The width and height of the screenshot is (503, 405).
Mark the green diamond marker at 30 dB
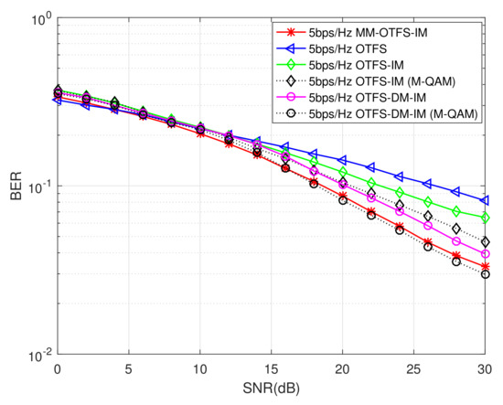(485, 218)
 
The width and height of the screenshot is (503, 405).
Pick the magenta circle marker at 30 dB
(485, 254)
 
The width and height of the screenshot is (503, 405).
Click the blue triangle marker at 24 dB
(400, 176)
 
